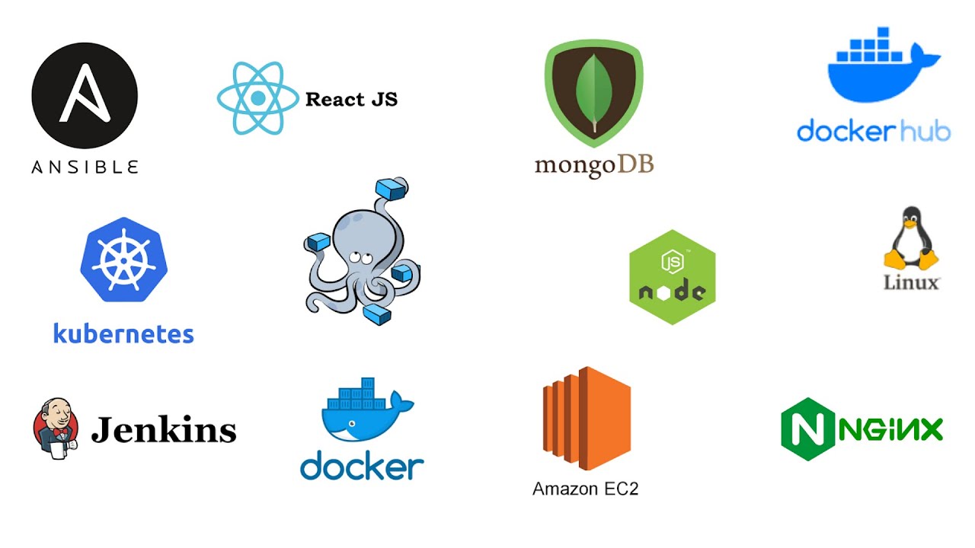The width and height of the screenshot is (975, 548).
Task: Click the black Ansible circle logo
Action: click(85, 95)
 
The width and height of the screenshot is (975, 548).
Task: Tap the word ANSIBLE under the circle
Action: click(85, 167)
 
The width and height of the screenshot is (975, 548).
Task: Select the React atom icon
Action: click(257, 98)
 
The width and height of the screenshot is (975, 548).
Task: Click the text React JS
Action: click(351, 99)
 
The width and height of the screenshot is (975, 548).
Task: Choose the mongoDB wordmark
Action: click(594, 165)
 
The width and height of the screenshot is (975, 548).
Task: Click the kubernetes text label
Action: click(123, 333)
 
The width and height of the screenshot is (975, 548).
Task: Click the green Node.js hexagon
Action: click(672, 277)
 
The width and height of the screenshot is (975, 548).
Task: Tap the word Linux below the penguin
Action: click(911, 282)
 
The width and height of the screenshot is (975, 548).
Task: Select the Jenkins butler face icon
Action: click(56, 427)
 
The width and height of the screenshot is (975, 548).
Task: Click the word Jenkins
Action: click(164, 430)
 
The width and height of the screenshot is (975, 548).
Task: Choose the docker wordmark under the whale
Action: click(362, 465)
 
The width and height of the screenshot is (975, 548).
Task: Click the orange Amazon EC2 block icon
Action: click(587, 419)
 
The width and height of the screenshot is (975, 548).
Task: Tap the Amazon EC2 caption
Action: click(585, 489)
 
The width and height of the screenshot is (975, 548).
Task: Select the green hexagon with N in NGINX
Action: click(807, 429)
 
